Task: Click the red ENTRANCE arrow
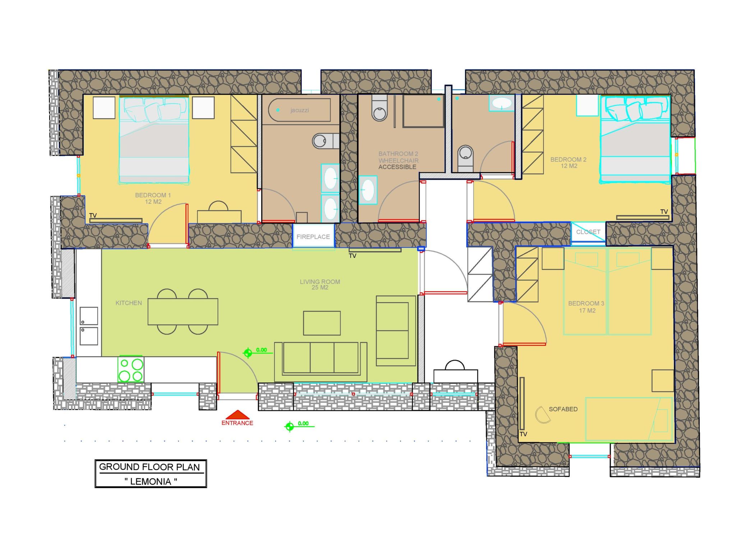click(x=237, y=415)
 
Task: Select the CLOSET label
click(x=588, y=232)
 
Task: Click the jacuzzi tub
click(x=299, y=110)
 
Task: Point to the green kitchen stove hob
click(x=131, y=369)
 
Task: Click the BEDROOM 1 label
click(x=153, y=198)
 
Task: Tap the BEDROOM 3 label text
click(x=586, y=307)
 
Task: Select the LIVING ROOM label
click(x=320, y=285)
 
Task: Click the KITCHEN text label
click(x=129, y=303)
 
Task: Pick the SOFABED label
click(x=563, y=409)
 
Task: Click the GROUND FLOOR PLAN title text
click(x=149, y=467)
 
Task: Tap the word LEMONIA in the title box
click(x=151, y=482)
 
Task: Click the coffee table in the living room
click(x=322, y=323)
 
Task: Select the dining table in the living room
click(x=183, y=312)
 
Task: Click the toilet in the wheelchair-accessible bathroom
click(x=379, y=108)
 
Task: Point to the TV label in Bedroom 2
click(x=664, y=212)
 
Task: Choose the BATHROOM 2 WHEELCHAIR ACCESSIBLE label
click(x=398, y=160)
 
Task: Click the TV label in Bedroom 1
click(x=93, y=215)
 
